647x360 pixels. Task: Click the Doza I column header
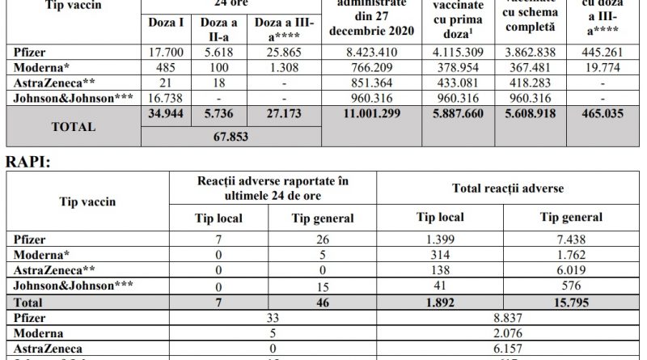tap(165, 24)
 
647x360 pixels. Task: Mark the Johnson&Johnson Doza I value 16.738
tap(165, 100)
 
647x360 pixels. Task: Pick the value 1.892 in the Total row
tap(455, 301)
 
